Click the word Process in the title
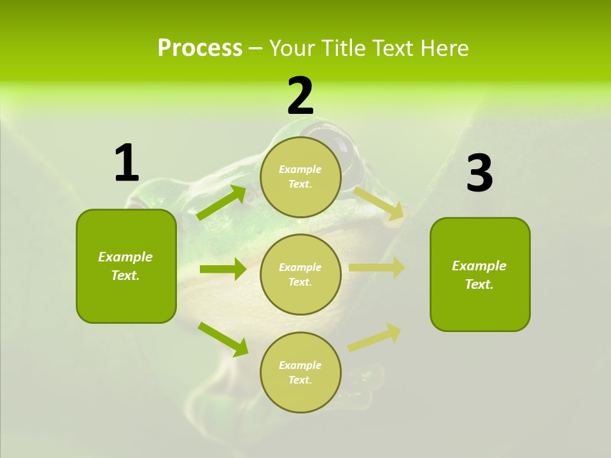point(200,48)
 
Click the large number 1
point(126,163)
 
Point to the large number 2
point(300,96)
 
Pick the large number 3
point(479,174)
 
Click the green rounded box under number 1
point(126,266)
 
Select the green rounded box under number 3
point(480,274)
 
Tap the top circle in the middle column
point(300,177)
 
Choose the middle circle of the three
point(300,274)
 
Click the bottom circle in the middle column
point(300,372)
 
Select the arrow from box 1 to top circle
point(222,202)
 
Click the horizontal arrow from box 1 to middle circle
point(223,269)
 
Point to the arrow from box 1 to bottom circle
point(223,338)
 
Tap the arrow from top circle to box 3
point(378,203)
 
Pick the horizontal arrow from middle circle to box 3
point(377,268)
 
